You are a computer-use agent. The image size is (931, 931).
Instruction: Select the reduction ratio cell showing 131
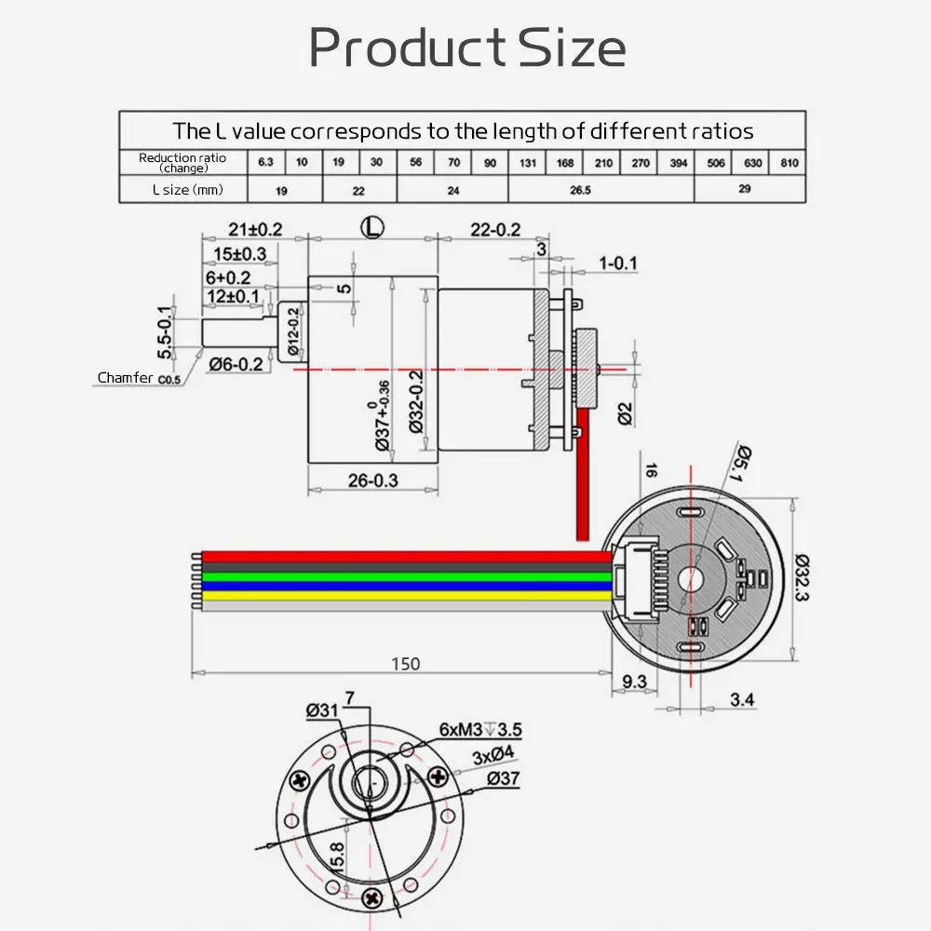[x=527, y=163]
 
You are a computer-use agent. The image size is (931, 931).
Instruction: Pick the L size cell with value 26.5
[x=600, y=190]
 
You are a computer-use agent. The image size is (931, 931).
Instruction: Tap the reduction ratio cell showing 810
[x=789, y=163]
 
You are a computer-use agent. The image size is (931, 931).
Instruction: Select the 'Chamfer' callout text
[x=126, y=378]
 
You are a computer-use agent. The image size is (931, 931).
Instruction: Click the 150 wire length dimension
[x=405, y=664]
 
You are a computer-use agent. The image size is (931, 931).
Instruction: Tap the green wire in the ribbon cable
[x=400, y=576]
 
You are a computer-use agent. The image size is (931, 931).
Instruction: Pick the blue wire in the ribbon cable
[x=400, y=587]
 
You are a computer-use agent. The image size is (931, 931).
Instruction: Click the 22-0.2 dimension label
[x=494, y=229]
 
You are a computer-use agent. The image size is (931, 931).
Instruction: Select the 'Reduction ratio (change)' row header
[x=182, y=163]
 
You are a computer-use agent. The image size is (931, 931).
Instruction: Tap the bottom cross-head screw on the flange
[x=372, y=897]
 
